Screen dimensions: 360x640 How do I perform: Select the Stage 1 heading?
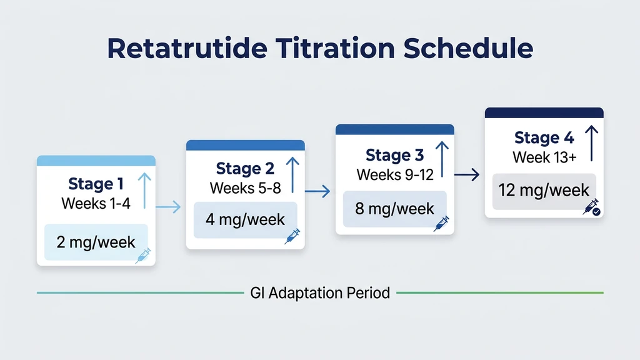pyautogui.click(x=96, y=184)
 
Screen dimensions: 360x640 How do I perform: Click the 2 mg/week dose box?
pyautogui.click(x=96, y=242)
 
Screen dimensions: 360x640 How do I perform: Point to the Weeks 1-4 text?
pyautogui.click(x=96, y=203)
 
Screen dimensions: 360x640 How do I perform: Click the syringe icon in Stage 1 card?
pyautogui.click(x=143, y=255)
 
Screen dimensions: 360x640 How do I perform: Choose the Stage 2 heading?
pyautogui.click(x=245, y=168)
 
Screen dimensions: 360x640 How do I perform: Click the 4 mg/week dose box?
pyautogui.click(x=245, y=220)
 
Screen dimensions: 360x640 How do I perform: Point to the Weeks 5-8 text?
pyautogui.click(x=245, y=187)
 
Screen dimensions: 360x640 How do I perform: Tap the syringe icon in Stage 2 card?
pyautogui.click(x=292, y=235)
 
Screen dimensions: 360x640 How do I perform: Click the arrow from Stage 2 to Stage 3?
pyautogui.click(x=317, y=191)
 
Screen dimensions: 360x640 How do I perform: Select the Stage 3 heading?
pyautogui.click(x=394, y=154)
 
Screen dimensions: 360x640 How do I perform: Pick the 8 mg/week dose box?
pyautogui.click(x=394, y=208)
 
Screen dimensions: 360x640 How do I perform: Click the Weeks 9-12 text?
pyautogui.click(x=394, y=174)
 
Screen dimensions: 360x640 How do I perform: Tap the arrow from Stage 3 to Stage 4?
pyautogui.click(x=466, y=176)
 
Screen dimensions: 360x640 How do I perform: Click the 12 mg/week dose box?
pyautogui.click(x=544, y=189)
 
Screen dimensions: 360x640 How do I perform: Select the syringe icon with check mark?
pyautogui.click(x=591, y=207)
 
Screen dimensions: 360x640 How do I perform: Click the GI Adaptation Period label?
pyautogui.click(x=320, y=292)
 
